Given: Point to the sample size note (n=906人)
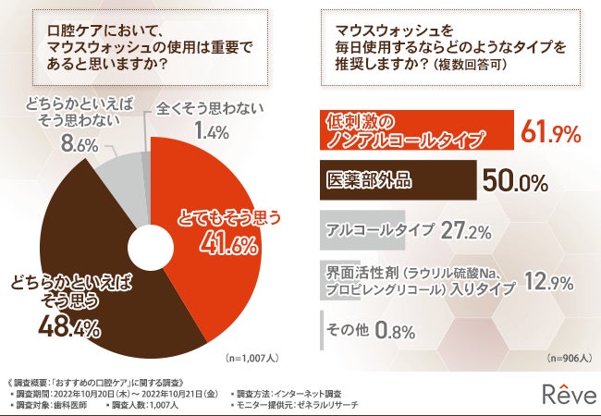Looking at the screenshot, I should pyautogui.click(x=566, y=356).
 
